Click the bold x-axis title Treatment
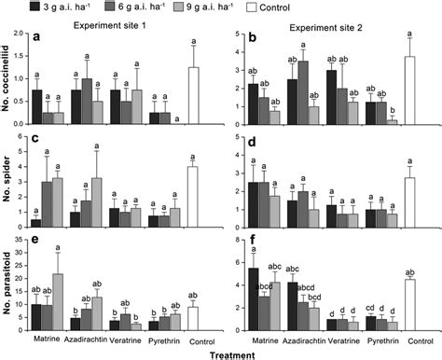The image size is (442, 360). click(x=223, y=353)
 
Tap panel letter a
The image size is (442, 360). click(x=37, y=39)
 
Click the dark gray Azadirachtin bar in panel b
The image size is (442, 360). click(x=303, y=92)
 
